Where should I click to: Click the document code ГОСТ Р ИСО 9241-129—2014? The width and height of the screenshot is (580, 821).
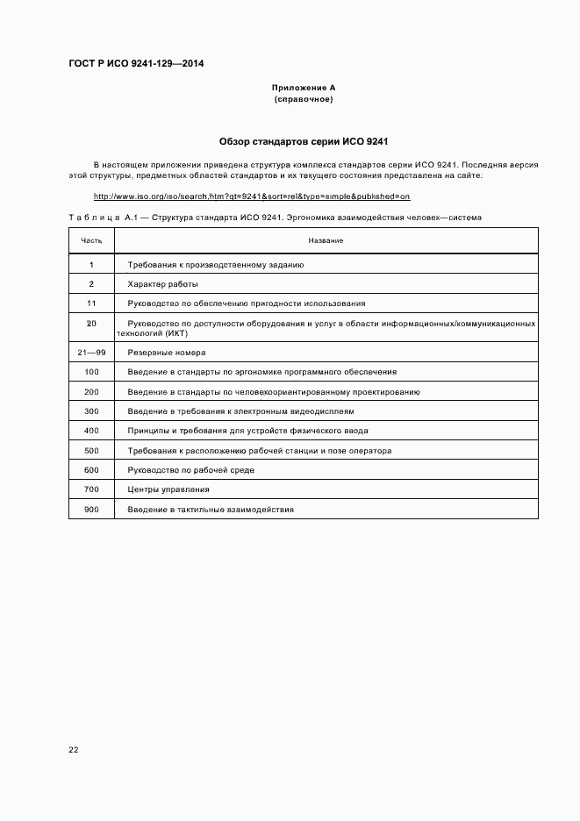(135, 62)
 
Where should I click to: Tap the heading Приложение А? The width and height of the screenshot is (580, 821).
(303, 88)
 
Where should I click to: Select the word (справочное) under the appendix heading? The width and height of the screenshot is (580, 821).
(303, 99)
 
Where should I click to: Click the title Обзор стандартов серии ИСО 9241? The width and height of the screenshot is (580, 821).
(303, 141)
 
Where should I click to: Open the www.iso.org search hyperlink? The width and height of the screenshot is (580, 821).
(252, 196)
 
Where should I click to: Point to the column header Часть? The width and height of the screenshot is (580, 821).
(91, 240)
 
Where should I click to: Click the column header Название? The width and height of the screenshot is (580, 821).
(326, 240)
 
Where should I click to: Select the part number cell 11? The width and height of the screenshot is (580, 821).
(91, 303)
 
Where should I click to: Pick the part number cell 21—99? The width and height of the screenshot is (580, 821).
(91, 353)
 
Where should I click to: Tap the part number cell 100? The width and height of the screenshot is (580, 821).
(91, 372)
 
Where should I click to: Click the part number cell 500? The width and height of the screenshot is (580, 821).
(91, 451)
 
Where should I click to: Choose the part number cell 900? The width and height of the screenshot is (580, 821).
(91, 510)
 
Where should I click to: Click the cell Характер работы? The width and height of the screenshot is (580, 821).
(162, 284)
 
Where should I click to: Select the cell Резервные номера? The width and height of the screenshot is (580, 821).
(167, 353)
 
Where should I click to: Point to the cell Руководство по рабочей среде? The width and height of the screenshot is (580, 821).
(190, 470)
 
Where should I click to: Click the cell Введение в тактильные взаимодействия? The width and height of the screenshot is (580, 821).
(210, 510)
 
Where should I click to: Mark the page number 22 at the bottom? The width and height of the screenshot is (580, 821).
(74, 750)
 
